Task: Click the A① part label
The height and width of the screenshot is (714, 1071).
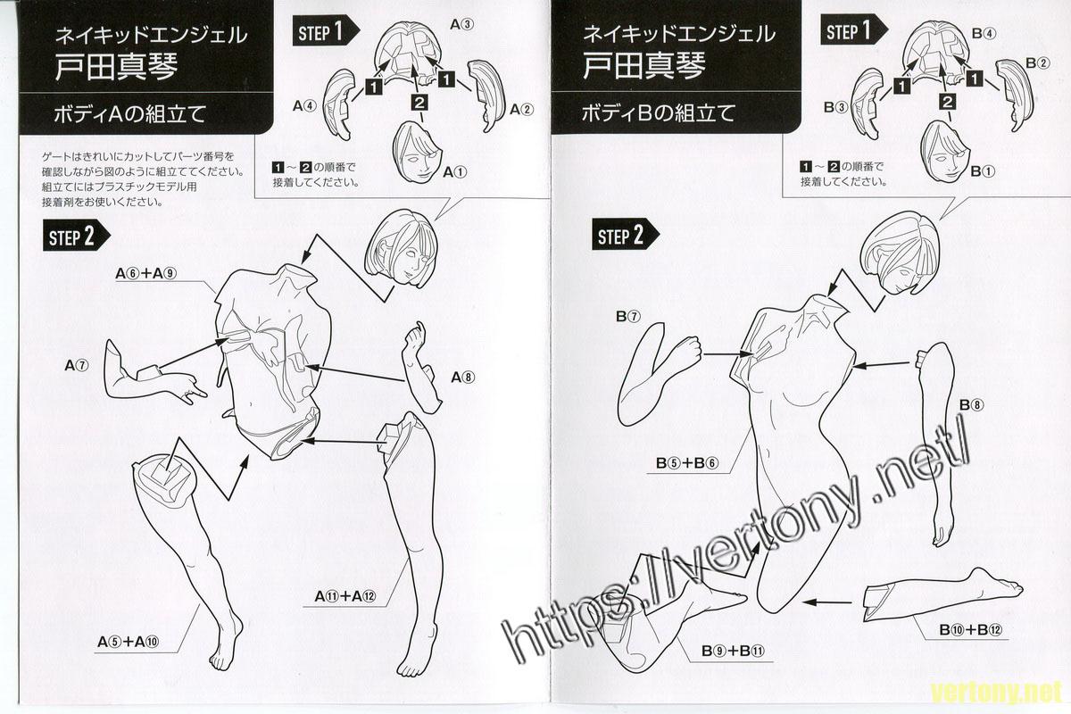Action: click(x=455, y=171)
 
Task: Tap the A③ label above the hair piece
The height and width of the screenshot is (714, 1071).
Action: click(x=462, y=24)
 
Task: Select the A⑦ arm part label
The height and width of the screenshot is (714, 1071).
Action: click(x=77, y=366)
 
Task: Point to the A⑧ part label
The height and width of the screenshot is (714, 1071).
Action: click(x=463, y=378)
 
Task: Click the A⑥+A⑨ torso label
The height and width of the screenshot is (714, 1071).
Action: click(x=146, y=273)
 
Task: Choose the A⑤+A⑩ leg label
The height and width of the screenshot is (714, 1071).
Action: click(x=129, y=642)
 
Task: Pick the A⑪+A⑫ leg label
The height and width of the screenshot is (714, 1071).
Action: click(x=345, y=596)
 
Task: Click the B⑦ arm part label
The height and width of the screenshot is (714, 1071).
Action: click(x=627, y=317)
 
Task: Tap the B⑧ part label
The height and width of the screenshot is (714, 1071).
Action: click(x=972, y=405)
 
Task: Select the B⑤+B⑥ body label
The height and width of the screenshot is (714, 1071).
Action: click(x=687, y=463)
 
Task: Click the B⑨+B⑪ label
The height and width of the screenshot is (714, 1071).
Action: click(x=733, y=651)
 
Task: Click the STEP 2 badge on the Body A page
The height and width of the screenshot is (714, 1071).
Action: click(x=77, y=236)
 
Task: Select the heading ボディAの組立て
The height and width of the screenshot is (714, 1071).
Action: click(x=130, y=114)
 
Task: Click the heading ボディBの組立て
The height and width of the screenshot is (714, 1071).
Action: click(x=658, y=113)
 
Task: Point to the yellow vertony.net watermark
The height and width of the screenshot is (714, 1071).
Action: click(x=998, y=693)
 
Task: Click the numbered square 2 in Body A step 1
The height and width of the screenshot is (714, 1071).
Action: click(x=419, y=103)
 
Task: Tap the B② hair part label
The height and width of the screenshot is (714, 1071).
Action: click(x=1038, y=62)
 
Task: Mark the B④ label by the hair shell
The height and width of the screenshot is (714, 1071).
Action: click(x=984, y=34)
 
